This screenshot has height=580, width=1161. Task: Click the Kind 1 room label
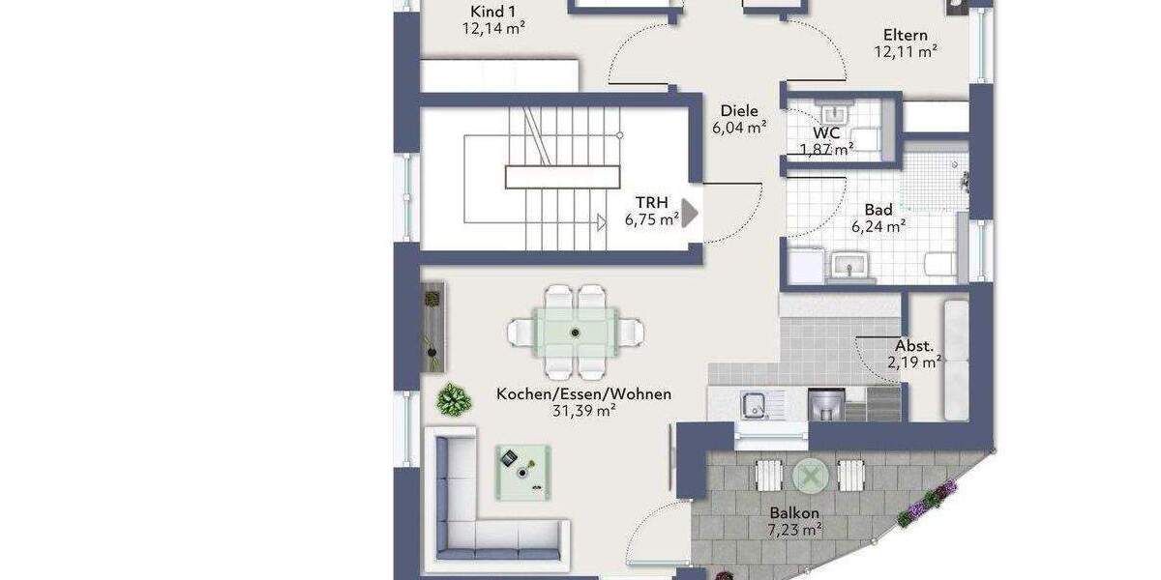492,12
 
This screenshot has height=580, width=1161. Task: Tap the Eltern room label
905,36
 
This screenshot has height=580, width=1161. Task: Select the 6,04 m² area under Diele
739,127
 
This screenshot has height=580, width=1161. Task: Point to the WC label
826,131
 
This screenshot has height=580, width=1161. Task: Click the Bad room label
878,210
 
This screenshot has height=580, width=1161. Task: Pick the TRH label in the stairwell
651,202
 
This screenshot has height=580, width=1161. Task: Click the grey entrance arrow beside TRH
691,214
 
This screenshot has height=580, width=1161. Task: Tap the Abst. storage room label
914,346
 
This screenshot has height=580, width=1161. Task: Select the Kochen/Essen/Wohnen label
583,394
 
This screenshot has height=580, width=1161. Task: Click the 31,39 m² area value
583,411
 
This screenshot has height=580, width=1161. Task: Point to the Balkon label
794,513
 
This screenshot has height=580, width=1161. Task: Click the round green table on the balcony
811,475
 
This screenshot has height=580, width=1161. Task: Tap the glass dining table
576,333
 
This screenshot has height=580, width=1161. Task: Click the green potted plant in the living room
452,397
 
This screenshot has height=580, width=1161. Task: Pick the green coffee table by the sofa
523,471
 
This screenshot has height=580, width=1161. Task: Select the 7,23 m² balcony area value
794,530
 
